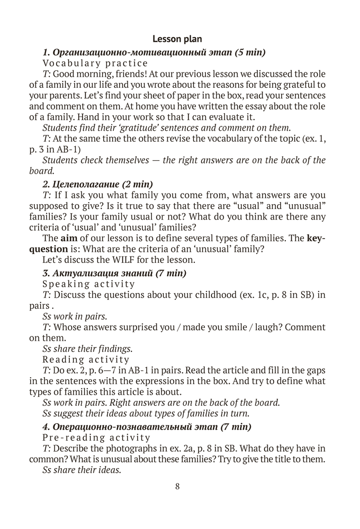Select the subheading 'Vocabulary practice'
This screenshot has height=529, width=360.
(95, 63)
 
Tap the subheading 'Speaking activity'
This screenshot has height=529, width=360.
(88, 284)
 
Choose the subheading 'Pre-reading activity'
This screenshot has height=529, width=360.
(96, 437)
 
